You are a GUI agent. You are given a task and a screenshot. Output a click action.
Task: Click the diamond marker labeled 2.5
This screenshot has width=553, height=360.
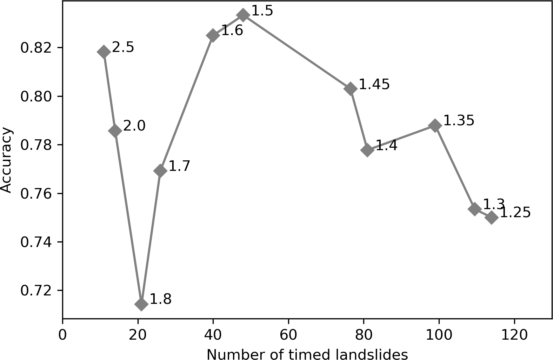104,52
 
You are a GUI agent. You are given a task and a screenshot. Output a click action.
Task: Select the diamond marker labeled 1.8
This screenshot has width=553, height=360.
141,304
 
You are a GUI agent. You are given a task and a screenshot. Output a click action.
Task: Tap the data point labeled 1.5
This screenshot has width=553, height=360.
243,15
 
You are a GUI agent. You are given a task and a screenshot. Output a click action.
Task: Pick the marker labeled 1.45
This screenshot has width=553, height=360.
350,89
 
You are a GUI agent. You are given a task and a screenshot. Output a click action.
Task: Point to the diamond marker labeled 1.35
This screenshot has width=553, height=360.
435,126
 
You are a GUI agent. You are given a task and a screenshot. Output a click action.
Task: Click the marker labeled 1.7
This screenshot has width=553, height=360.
160,171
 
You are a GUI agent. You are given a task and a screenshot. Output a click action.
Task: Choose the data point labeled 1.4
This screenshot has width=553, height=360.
367,150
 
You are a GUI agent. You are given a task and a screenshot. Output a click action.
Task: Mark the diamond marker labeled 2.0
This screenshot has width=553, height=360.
115,131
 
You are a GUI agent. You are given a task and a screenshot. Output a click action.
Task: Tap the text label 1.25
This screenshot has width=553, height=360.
515,213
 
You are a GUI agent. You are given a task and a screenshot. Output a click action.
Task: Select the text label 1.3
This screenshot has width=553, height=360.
494,204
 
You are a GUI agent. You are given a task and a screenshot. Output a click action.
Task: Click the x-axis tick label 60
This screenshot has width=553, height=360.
288,335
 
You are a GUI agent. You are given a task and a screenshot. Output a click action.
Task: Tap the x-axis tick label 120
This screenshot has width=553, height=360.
514,335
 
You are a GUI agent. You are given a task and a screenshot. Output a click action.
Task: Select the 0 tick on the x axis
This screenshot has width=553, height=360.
62,335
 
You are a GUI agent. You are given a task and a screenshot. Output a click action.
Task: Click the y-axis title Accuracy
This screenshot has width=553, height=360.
6,161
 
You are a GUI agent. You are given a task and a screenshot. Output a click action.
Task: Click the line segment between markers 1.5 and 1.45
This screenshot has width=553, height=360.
297,52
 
